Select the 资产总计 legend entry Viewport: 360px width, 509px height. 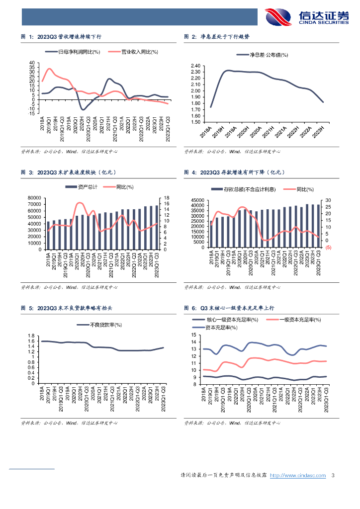(x=84, y=187)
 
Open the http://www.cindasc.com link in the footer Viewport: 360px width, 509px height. (x=297, y=476)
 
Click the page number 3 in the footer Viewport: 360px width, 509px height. (x=333, y=476)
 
